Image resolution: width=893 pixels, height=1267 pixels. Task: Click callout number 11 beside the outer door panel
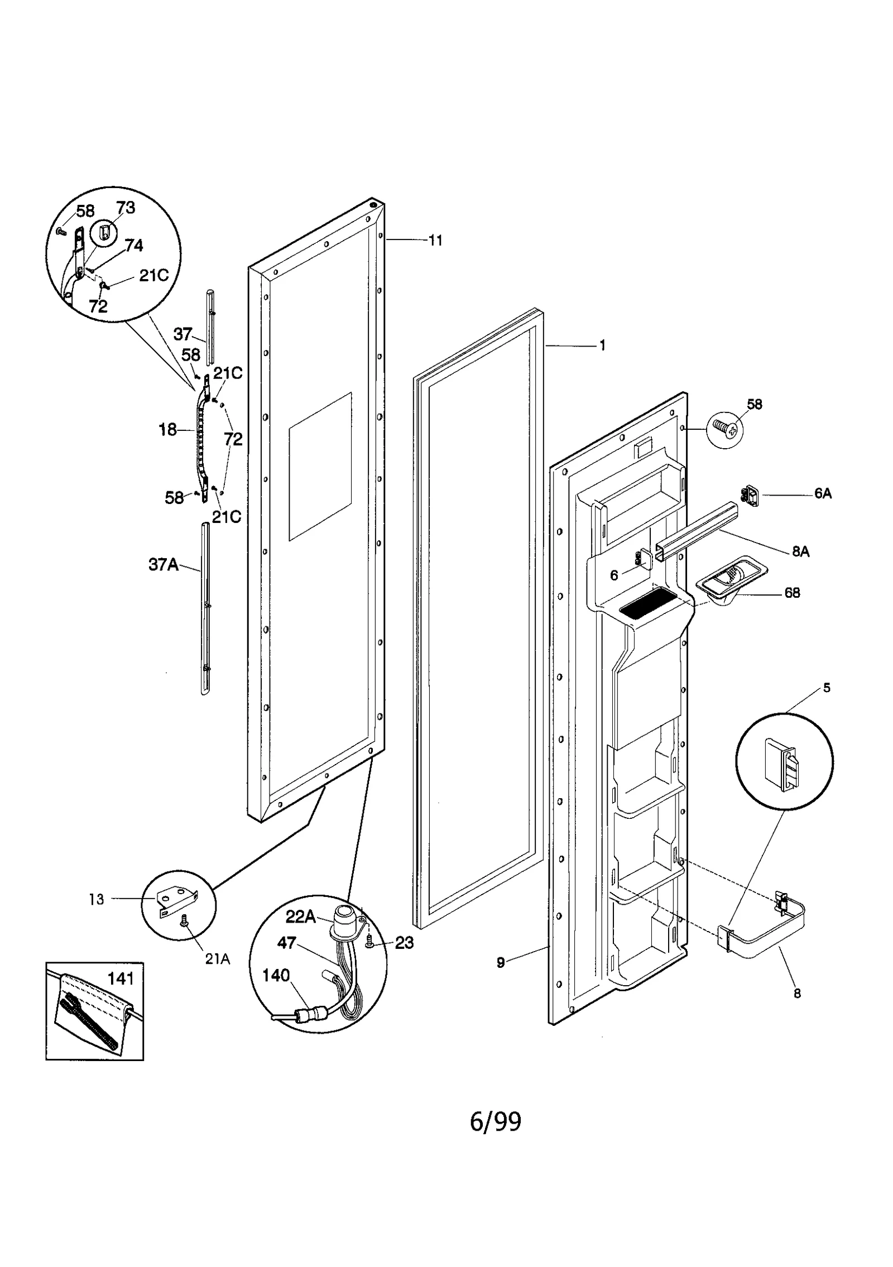(435, 241)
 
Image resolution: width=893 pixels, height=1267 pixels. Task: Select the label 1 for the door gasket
(602, 345)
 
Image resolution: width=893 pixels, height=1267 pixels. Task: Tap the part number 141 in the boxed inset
(121, 978)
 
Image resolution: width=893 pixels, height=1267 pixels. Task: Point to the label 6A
(823, 493)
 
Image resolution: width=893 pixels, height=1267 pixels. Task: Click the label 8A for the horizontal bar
(800, 551)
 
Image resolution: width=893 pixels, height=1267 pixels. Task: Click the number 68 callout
(792, 592)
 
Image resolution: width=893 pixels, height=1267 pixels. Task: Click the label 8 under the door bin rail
(797, 994)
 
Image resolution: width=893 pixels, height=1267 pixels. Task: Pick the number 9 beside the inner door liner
(501, 962)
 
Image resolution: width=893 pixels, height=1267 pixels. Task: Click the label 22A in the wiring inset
(301, 916)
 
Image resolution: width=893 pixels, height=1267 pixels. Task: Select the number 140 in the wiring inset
(276, 975)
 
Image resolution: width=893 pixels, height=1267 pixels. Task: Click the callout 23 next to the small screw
(404, 943)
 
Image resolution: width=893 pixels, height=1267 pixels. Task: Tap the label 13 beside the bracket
(97, 899)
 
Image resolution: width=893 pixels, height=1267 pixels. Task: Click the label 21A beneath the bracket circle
(217, 959)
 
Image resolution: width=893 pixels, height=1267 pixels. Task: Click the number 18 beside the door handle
(167, 430)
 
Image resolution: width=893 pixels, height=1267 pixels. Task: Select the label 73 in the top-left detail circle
(126, 208)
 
